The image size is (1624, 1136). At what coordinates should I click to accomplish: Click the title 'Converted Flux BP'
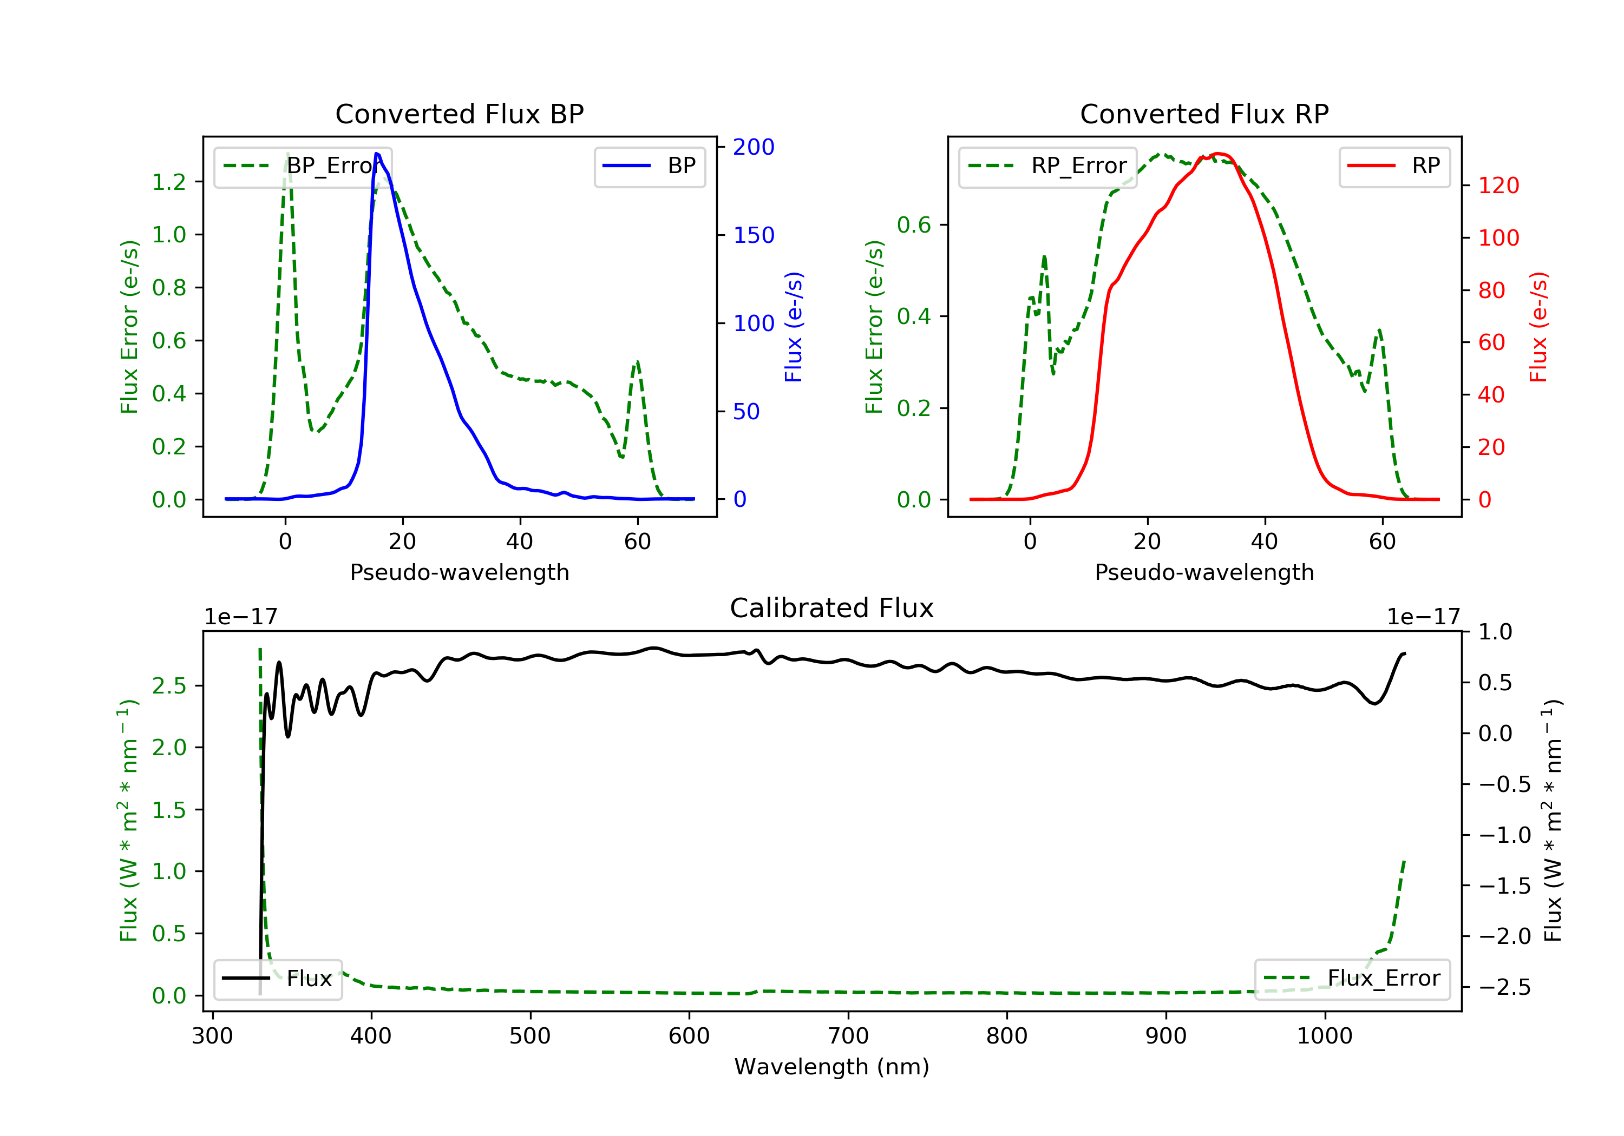459,114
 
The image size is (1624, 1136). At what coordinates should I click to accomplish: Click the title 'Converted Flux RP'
1204,114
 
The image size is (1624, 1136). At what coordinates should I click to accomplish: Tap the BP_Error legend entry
303,166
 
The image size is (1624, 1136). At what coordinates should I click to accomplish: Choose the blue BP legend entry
649,166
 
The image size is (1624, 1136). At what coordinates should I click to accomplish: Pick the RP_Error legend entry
1047,166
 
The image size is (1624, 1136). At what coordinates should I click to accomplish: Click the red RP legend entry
1394,166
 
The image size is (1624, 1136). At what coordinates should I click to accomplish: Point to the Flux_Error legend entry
1352,979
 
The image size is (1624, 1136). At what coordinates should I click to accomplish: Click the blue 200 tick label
754,147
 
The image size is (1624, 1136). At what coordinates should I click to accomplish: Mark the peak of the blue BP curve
377,154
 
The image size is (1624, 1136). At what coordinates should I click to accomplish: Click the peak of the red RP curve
1217,154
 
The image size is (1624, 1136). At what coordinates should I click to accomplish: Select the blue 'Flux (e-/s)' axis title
794,327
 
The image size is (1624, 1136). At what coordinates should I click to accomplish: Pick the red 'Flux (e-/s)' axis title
1538,327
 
